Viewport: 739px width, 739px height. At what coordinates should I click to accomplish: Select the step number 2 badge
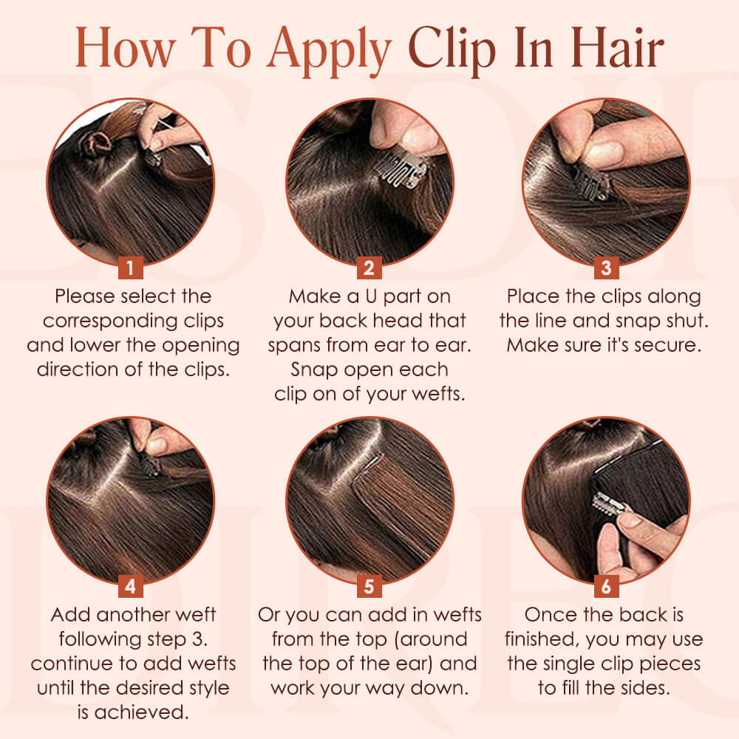(x=369, y=267)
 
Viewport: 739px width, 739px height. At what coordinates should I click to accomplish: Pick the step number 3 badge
(x=606, y=267)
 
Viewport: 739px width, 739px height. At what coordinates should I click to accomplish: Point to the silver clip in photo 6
(x=610, y=506)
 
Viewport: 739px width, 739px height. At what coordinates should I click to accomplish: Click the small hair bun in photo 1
(x=95, y=140)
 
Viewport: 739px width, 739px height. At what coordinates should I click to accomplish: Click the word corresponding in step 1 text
(x=133, y=321)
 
